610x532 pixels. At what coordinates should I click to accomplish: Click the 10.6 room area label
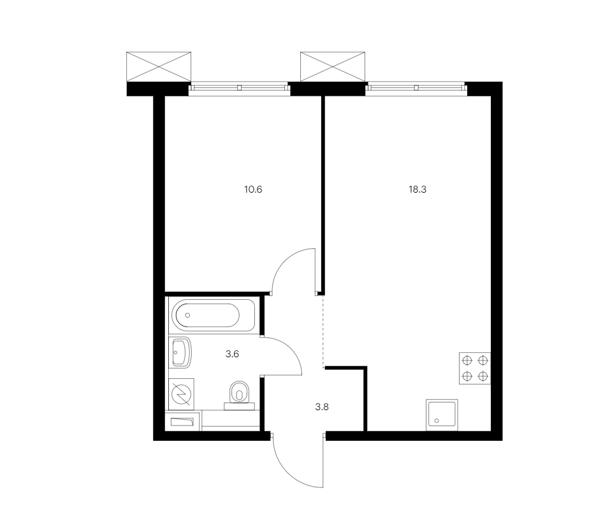(x=253, y=189)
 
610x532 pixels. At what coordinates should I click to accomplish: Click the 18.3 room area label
(x=418, y=189)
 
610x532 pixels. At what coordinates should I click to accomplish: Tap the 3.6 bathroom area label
(x=232, y=354)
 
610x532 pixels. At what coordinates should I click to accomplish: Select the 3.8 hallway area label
(x=322, y=407)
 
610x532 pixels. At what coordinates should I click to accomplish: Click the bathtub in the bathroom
(x=213, y=315)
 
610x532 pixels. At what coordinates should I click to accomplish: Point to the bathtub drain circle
(x=187, y=315)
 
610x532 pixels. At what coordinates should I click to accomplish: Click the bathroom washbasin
(x=180, y=353)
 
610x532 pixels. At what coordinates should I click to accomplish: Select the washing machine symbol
(x=181, y=394)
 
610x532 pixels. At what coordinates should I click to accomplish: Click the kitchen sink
(x=442, y=415)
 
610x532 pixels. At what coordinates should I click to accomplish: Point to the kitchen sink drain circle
(x=437, y=420)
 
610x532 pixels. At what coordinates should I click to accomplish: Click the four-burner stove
(x=475, y=369)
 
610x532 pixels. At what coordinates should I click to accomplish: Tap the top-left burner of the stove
(x=467, y=360)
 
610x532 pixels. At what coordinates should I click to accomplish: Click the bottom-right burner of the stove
(x=483, y=376)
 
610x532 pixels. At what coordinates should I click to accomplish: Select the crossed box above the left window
(x=159, y=66)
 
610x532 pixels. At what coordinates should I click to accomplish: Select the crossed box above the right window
(x=333, y=66)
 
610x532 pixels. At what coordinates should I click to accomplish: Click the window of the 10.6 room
(x=239, y=89)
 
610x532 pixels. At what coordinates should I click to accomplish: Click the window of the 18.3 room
(x=416, y=89)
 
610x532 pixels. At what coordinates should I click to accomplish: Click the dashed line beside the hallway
(x=323, y=332)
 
